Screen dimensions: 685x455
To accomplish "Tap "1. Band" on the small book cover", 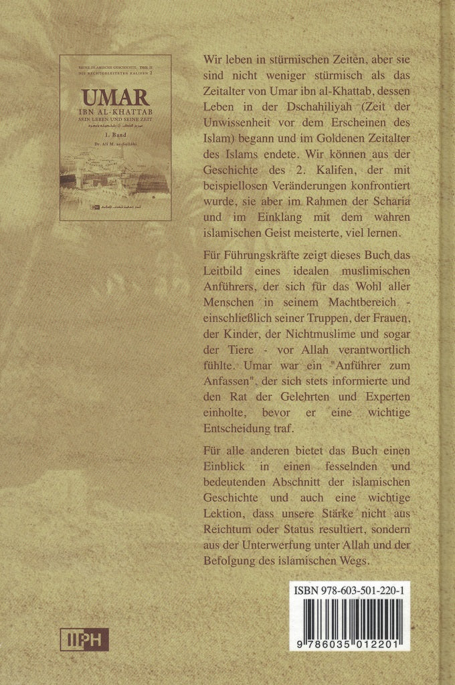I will (x=115, y=133).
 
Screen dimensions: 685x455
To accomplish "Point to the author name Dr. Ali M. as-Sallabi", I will (x=115, y=141).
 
